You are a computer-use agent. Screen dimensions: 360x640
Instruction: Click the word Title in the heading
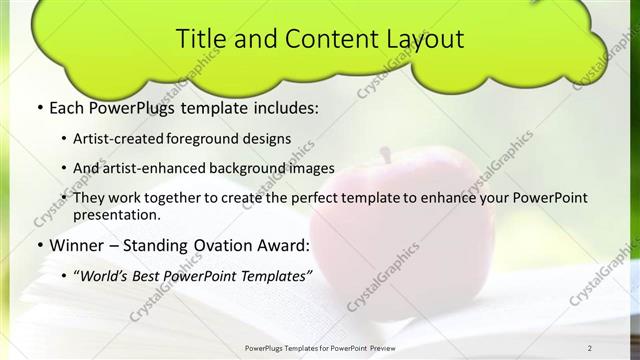click(x=199, y=39)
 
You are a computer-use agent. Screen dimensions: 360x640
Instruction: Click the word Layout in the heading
click(x=423, y=39)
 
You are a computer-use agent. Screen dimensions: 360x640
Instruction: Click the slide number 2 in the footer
click(x=590, y=348)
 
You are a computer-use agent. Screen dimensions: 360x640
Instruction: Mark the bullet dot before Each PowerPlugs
click(x=38, y=108)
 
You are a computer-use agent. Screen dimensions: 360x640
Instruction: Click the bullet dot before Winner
click(x=38, y=245)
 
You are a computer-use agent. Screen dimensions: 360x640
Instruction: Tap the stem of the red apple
click(x=385, y=154)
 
